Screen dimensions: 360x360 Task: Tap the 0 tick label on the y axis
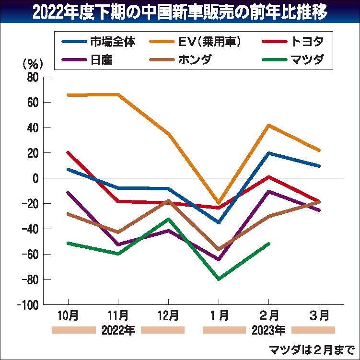(x=35, y=178)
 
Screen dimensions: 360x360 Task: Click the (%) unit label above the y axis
(x=33, y=63)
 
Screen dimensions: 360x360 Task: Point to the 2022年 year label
(x=118, y=330)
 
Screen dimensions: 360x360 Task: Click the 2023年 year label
(x=268, y=330)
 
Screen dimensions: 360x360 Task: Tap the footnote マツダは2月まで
(x=311, y=349)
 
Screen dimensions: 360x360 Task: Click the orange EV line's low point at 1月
(x=219, y=203)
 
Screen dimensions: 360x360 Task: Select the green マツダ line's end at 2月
(x=269, y=244)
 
